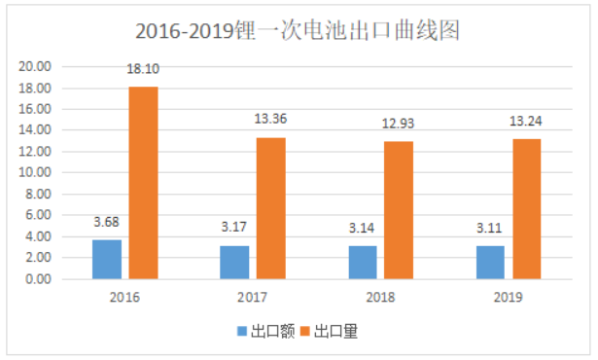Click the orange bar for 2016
(143, 183)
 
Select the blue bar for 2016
(107, 259)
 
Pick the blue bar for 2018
(362, 262)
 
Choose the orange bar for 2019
(526, 208)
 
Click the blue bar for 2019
(490, 262)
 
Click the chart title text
(298, 31)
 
